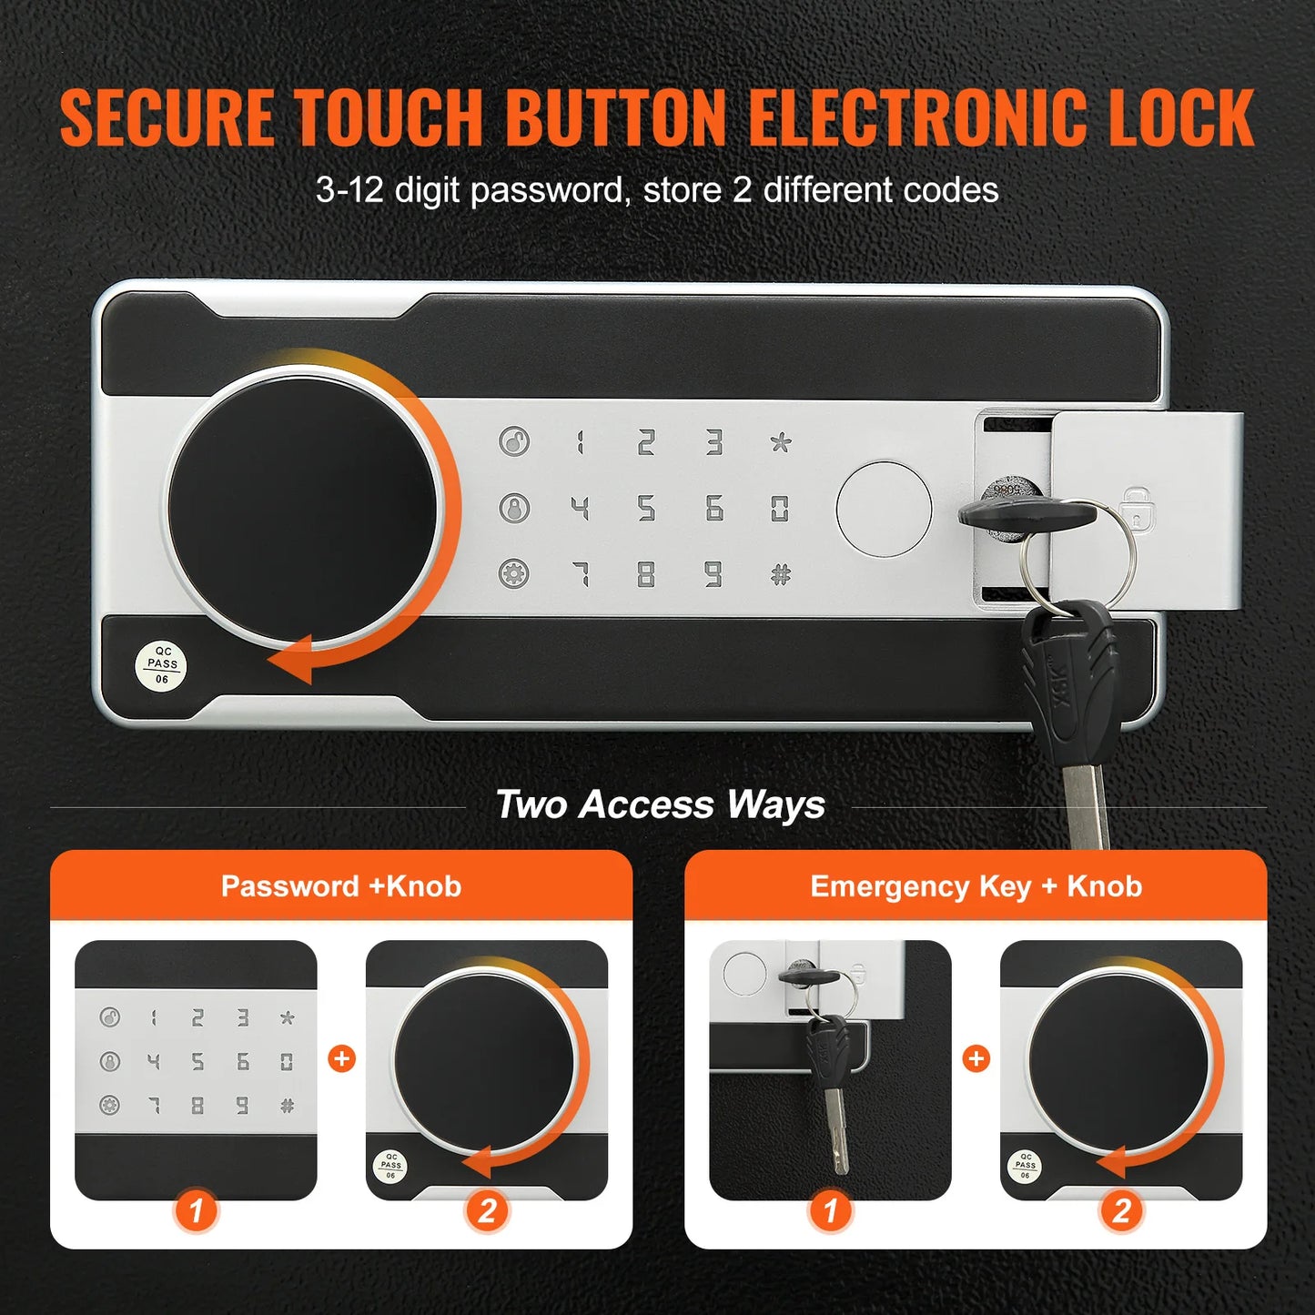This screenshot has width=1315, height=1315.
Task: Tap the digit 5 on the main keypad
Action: click(646, 508)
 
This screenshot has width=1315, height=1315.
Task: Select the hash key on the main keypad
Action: click(781, 574)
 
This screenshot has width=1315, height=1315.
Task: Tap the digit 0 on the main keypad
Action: click(780, 508)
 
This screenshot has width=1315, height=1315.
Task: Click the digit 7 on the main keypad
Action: click(580, 574)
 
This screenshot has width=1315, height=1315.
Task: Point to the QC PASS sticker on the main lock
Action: click(162, 664)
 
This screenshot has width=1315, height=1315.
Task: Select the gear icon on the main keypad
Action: click(514, 573)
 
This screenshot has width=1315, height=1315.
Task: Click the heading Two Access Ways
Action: click(660, 805)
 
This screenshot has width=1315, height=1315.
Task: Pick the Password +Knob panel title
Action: click(341, 886)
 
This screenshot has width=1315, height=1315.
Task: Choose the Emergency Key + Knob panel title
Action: click(976, 886)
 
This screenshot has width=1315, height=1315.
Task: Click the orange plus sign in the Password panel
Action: click(341, 1058)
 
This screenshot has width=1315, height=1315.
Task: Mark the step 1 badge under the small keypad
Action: click(196, 1211)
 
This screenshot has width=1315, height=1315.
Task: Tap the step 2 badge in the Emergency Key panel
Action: click(1121, 1211)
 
